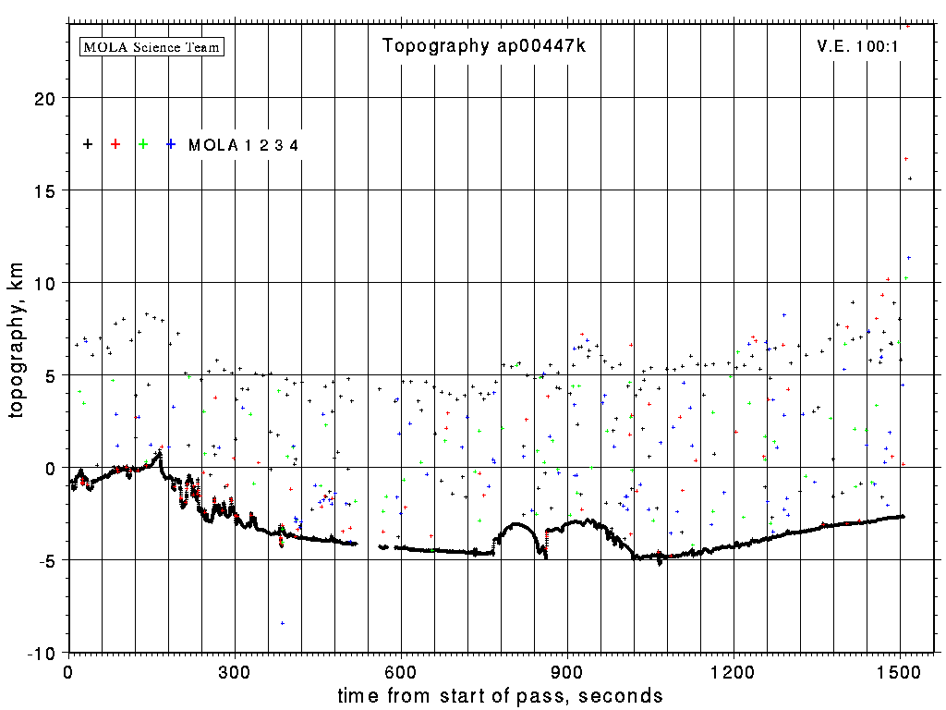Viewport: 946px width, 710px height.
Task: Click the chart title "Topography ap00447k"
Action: tap(484, 46)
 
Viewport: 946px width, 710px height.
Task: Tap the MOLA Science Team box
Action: tap(152, 46)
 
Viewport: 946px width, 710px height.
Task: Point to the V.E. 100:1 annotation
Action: tap(858, 46)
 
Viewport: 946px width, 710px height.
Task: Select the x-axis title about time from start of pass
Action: tap(500, 695)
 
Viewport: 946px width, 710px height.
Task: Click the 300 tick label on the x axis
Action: tap(235, 671)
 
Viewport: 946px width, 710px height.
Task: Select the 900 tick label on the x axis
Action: tap(567, 671)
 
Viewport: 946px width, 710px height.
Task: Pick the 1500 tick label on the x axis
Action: tap(900, 671)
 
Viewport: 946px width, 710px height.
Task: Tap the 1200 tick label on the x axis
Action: tap(734, 671)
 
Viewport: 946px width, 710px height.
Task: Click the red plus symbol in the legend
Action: tap(115, 144)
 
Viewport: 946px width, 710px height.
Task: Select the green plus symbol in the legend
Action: tap(143, 144)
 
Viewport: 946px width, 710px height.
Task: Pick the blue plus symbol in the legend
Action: tap(171, 144)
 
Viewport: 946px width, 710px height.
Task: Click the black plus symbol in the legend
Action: tap(88, 144)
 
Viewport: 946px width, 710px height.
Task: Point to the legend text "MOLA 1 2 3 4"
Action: tap(243, 145)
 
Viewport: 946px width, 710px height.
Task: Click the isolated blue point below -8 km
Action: tap(283, 623)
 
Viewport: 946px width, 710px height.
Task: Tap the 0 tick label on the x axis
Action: tap(68, 671)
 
